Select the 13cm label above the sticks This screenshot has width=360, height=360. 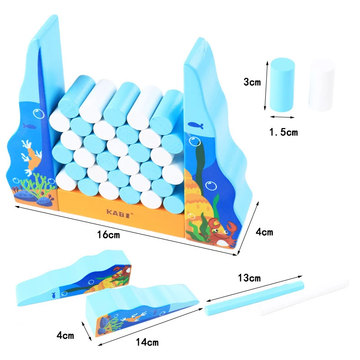tap(249, 278)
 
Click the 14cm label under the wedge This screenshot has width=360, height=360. tap(148, 341)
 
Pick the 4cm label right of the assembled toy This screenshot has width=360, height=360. tap(264, 232)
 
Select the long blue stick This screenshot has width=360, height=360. tap(254, 298)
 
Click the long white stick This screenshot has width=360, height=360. tap(303, 298)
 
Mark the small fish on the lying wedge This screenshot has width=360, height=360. tap(54, 295)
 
